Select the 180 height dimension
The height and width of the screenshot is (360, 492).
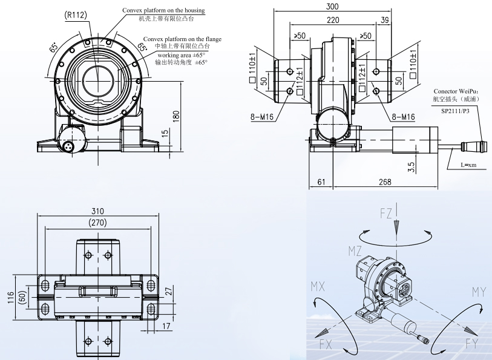click(x=177, y=116)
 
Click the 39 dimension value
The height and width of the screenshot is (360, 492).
click(x=384, y=19)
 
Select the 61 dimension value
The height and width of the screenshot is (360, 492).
click(x=321, y=182)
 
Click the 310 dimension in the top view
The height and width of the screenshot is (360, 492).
click(x=98, y=211)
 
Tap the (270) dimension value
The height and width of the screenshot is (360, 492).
click(x=98, y=223)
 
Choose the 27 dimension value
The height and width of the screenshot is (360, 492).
click(x=169, y=291)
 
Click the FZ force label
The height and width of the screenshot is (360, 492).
click(x=385, y=213)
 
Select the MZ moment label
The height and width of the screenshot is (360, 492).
click(x=355, y=250)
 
